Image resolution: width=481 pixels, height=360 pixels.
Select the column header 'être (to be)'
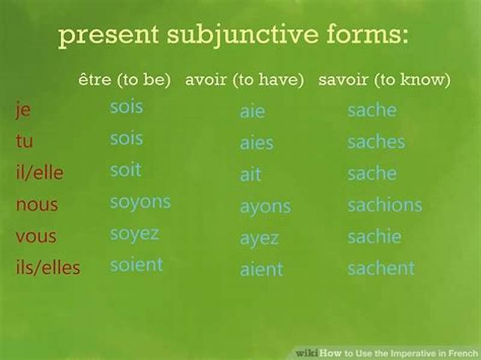pyautogui.click(x=124, y=80)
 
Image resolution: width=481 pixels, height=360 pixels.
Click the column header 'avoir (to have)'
pyautogui.click(x=244, y=80)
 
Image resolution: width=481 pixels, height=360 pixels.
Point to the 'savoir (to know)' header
pyautogui.click(x=384, y=80)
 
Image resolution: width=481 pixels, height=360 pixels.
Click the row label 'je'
pyautogui.click(x=23, y=111)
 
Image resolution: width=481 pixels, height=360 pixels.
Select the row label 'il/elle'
pyautogui.click(x=40, y=174)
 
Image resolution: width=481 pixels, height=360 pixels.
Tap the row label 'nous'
pyautogui.click(x=37, y=204)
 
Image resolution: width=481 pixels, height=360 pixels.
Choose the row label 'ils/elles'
pyautogui.click(x=48, y=267)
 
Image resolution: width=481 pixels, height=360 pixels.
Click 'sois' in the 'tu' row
pyautogui.click(x=126, y=139)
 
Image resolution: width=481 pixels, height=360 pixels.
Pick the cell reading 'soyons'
pyautogui.click(x=140, y=202)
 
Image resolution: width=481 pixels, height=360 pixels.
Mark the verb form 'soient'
pyautogui.click(x=136, y=264)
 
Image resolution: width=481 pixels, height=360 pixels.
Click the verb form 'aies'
pyautogui.click(x=256, y=143)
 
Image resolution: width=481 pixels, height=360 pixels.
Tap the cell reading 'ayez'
pyautogui.click(x=259, y=238)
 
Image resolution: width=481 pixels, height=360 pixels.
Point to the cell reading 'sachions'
pyautogui.click(x=385, y=205)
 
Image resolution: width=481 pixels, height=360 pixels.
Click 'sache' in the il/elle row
pyautogui.click(x=372, y=174)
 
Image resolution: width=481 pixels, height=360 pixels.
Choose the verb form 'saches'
pyautogui.click(x=376, y=142)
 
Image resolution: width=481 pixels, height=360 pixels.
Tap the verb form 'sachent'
pyautogui.click(x=381, y=268)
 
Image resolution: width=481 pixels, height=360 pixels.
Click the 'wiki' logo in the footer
pyautogui.click(x=307, y=353)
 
